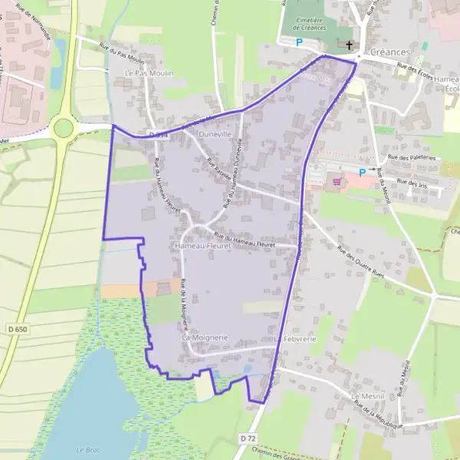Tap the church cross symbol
click(x=350, y=45)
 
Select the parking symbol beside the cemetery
click(x=299, y=42)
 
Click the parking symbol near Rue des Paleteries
click(x=362, y=172)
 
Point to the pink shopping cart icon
click(x=336, y=182)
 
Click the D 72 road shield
click(x=246, y=438)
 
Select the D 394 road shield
click(x=159, y=134)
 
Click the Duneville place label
click(x=214, y=134)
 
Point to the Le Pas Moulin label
click(x=149, y=73)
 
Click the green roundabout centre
click(x=63, y=127)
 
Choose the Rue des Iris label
click(x=412, y=182)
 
